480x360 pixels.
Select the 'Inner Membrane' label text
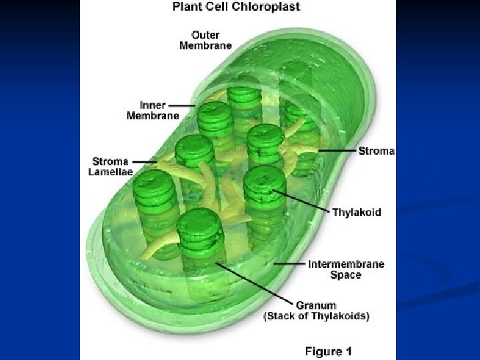(153, 110)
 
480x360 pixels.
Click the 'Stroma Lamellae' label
(111, 166)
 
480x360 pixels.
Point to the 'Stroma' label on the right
(377, 151)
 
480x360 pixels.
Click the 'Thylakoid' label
(357, 213)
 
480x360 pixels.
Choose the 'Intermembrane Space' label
(346, 269)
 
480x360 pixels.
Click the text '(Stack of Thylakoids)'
(317, 316)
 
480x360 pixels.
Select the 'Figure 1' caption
(329, 351)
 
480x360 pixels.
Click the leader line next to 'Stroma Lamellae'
(144, 161)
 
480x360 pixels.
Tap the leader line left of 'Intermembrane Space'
(289, 265)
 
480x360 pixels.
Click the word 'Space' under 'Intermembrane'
(346, 275)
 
